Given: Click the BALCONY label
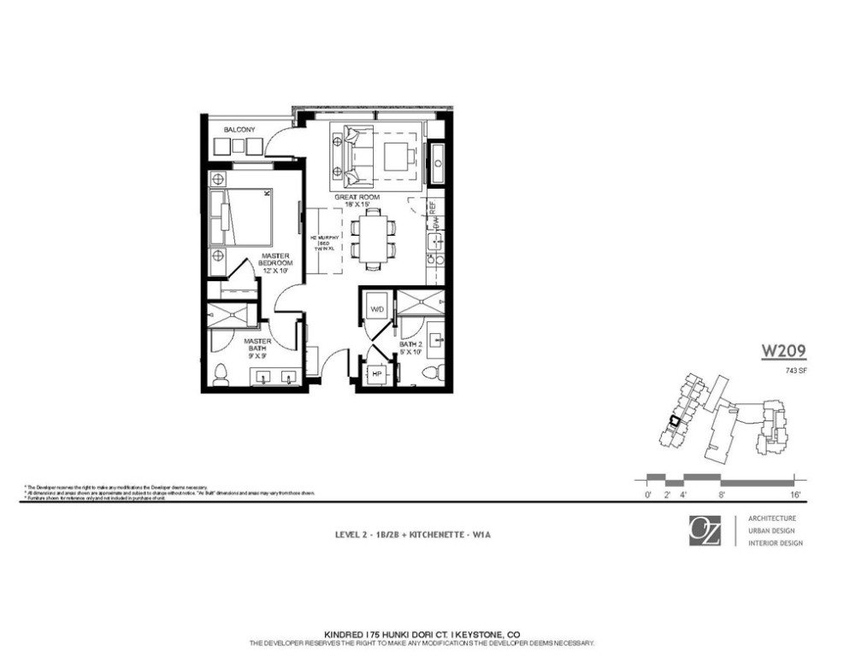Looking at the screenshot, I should [x=239, y=130].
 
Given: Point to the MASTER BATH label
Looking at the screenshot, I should [x=257, y=345].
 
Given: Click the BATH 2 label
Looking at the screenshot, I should [x=411, y=348].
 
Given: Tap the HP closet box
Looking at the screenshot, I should [x=376, y=372].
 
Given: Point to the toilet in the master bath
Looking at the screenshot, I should [x=221, y=373].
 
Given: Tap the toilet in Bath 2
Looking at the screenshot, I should [x=433, y=372].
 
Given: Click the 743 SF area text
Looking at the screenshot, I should [x=797, y=370].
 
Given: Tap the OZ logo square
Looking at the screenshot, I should [x=705, y=530].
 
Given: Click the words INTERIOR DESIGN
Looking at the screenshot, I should [x=775, y=543].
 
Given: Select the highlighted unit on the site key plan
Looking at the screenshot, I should [x=674, y=420].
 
